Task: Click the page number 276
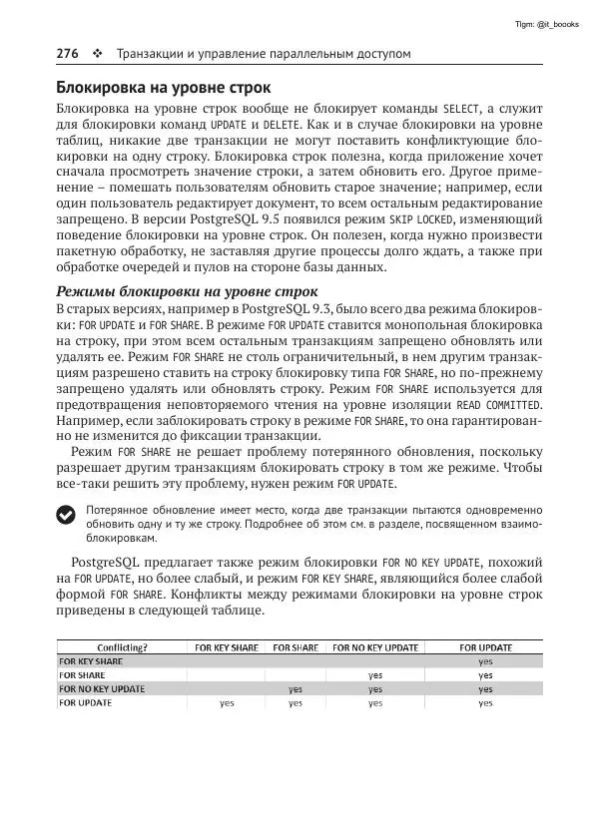[69, 52]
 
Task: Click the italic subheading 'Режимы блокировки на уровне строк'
[187, 291]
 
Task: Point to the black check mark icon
[66, 514]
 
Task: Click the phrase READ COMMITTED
[498, 405]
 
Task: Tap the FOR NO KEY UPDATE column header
[375, 646]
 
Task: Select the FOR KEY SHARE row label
[92, 660]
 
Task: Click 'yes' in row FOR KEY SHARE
[485, 660]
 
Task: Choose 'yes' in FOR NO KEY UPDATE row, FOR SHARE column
[296, 688]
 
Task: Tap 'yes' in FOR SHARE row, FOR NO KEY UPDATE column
[375, 674]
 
